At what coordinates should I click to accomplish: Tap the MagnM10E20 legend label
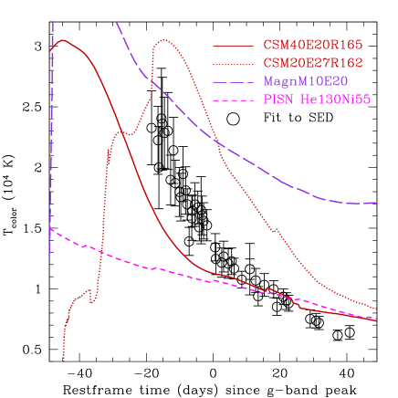tap(305, 80)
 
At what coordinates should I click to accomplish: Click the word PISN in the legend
tap(278, 99)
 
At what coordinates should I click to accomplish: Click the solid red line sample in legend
tap(233, 46)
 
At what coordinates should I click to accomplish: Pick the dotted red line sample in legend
tap(233, 63)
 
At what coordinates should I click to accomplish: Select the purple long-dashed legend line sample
tap(233, 81)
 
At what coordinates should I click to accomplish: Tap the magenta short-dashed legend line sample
tap(233, 99)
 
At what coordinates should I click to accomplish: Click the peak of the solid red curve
tap(63, 40)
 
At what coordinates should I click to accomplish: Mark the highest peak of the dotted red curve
tap(164, 40)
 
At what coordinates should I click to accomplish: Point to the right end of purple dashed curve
tap(376, 203)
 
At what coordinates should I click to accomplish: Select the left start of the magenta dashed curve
tap(50, 229)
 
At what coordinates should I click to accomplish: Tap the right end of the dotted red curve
tap(376, 309)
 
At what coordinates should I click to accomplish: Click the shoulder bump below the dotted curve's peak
tap(123, 132)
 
